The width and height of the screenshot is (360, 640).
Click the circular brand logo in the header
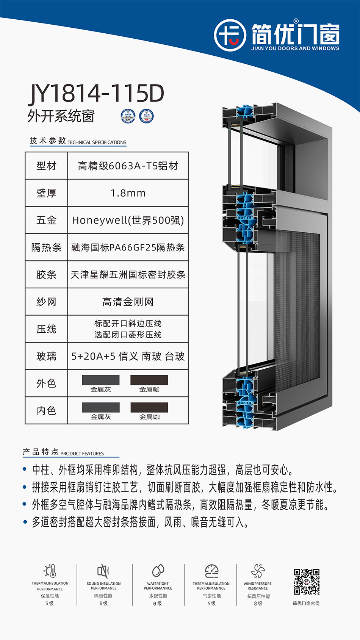click(x=230, y=35)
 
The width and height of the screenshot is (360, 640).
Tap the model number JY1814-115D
click(x=96, y=94)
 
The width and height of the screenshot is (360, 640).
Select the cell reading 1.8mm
click(x=128, y=193)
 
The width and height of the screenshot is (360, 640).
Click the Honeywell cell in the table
click(x=128, y=220)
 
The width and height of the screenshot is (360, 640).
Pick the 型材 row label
click(x=46, y=166)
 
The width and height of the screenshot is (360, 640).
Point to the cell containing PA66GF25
click(x=128, y=247)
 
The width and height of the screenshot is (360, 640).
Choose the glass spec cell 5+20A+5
click(x=128, y=356)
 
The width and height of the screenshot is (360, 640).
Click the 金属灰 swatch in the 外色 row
click(x=101, y=380)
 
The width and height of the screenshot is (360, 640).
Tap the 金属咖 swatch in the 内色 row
click(x=149, y=407)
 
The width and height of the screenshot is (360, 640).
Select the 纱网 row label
click(x=46, y=302)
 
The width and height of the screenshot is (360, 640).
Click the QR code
click(x=307, y=582)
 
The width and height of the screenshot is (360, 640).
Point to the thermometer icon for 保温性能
click(x=50, y=571)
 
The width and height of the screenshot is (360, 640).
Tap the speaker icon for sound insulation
click(x=103, y=571)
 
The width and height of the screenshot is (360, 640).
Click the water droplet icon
click(x=158, y=571)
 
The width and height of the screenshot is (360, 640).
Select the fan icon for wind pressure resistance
click(x=258, y=571)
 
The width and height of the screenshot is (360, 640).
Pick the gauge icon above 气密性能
click(x=211, y=571)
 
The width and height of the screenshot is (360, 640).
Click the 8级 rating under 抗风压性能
click(x=258, y=604)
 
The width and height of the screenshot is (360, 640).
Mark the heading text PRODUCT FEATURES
click(x=82, y=454)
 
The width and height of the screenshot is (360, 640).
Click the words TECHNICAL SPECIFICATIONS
click(x=97, y=142)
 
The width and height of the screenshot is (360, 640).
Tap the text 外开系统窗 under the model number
click(x=61, y=116)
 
